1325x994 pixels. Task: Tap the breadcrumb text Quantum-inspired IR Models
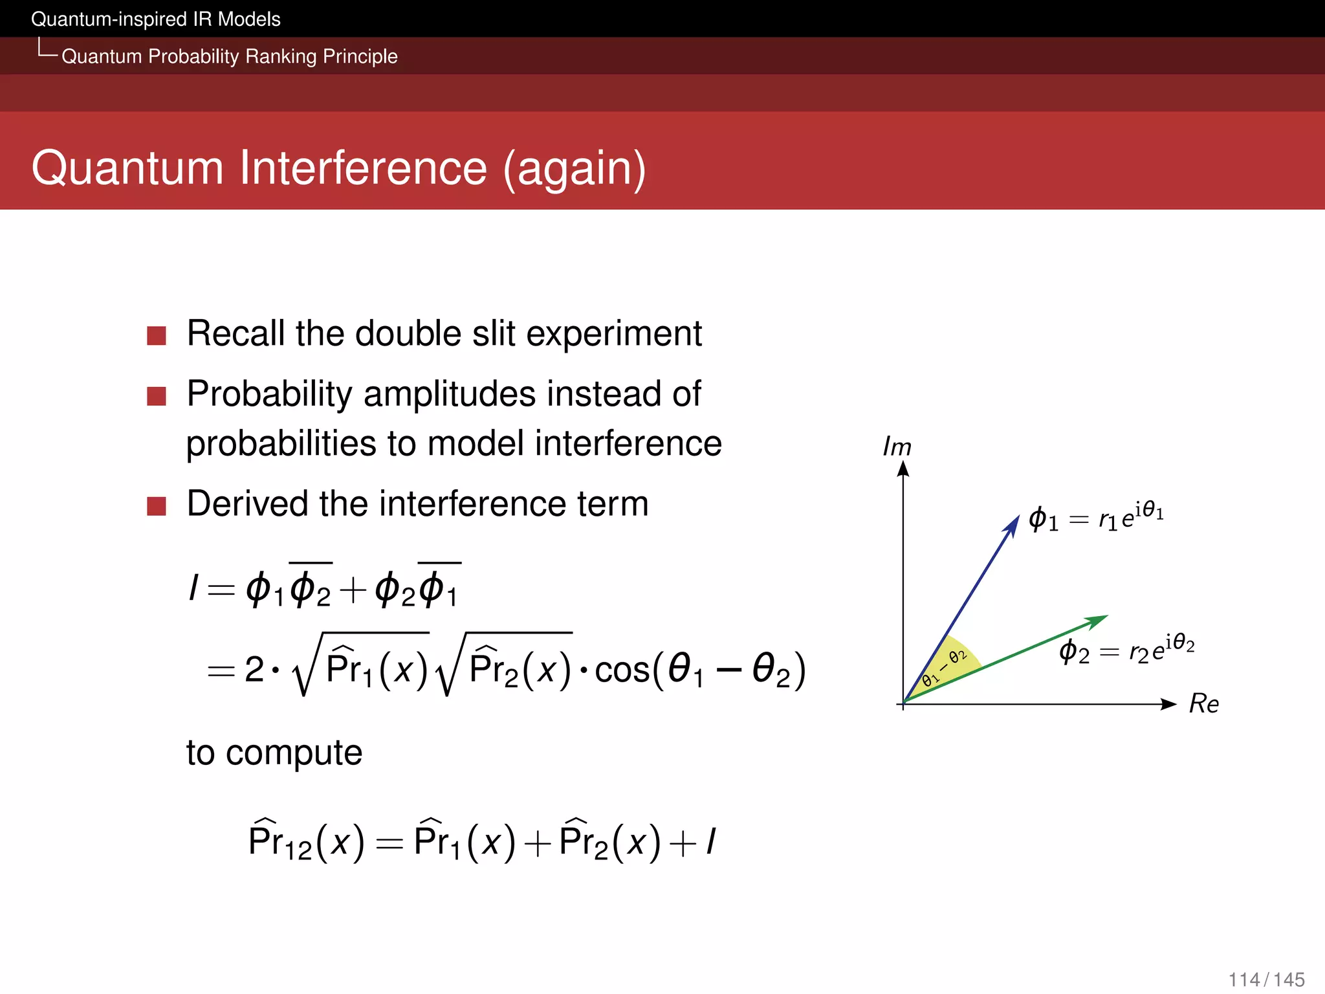(156, 19)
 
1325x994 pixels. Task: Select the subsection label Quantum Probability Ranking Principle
(229, 56)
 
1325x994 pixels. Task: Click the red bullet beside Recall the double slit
(157, 335)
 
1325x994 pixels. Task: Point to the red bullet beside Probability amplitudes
(157, 396)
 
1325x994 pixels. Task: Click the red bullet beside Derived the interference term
(157, 506)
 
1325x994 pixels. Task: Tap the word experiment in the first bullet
(614, 334)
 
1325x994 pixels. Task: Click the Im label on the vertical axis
(897, 447)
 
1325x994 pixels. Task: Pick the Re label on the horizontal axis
(1203, 703)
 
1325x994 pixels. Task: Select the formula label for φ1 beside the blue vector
(1096, 517)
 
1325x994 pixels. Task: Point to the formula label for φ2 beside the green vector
(1126, 649)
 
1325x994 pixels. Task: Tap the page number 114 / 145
(1266, 979)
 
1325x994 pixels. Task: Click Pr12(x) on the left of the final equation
(307, 842)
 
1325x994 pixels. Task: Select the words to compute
(274, 753)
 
